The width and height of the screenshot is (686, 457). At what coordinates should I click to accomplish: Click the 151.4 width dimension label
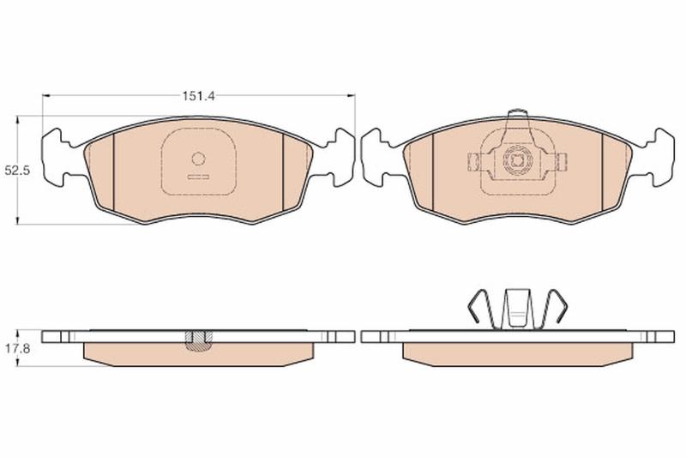tap(199, 96)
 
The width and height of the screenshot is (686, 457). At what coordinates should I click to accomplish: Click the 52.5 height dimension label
tap(17, 171)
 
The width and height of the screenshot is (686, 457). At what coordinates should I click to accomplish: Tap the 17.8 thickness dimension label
tap(17, 349)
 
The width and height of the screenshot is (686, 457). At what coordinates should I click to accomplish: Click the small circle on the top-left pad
tap(199, 159)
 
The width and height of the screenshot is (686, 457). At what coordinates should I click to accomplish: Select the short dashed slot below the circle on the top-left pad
tap(199, 177)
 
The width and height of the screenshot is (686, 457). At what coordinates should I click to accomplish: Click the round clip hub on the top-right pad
tap(517, 160)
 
